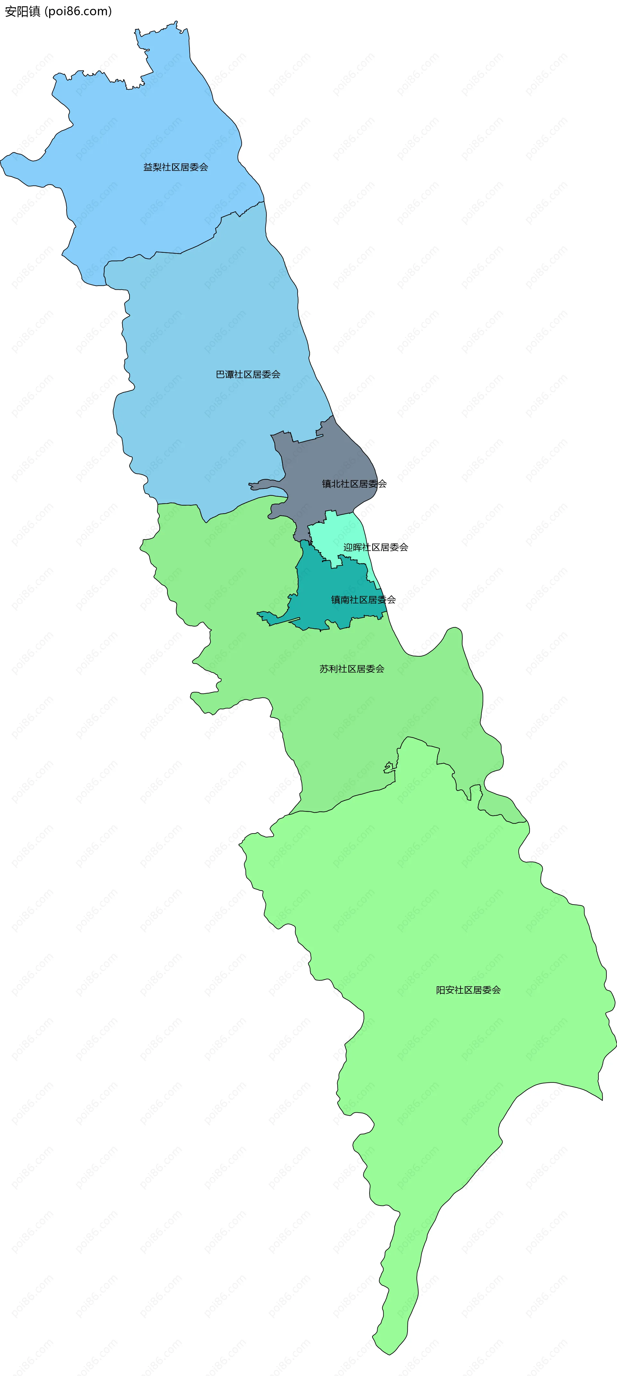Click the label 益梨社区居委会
175,167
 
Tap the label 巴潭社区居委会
248,374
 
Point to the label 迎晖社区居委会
376,547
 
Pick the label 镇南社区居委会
363,600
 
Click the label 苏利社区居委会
352,669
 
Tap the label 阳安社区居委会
468,990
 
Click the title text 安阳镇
22,11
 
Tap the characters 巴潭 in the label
225,374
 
